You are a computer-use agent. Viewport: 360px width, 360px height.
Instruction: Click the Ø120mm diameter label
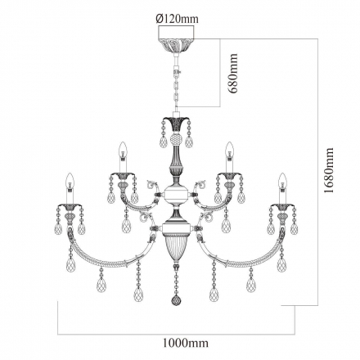pyautogui.click(x=178, y=19)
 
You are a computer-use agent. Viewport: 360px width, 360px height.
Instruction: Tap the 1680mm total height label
pyautogui.click(x=329, y=170)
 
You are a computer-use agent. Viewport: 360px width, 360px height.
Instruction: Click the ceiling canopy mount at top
pyautogui.click(x=176, y=39)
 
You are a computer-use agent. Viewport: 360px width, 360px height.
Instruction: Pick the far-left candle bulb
pyautogui.click(x=70, y=181)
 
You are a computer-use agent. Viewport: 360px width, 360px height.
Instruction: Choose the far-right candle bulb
pyautogui.click(x=282, y=181)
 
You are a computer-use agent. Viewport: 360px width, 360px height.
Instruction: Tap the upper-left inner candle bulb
pyautogui.click(x=124, y=150)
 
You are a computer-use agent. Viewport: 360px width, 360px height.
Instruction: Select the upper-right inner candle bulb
pyautogui.click(x=229, y=150)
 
